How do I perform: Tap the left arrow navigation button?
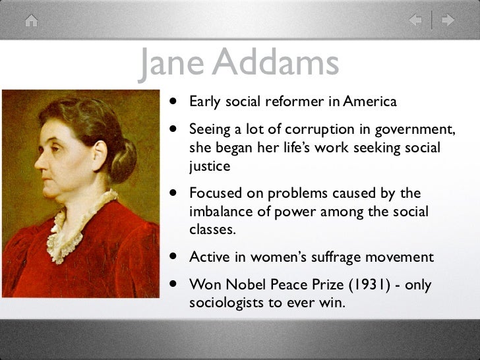(416, 20)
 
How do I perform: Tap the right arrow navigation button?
(448, 20)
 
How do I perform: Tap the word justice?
(210, 166)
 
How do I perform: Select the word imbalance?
(222, 212)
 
